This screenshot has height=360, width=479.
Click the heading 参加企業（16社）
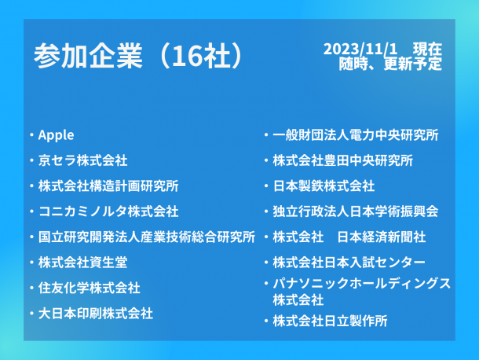[x=138, y=56]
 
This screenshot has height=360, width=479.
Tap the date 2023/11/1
[x=360, y=49]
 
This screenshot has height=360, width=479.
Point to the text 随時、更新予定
[x=390, y=64]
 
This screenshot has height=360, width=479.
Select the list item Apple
[x=57, y=135]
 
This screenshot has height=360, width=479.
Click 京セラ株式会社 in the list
[x=82, y=160]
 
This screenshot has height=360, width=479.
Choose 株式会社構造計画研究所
[x=108, y=186]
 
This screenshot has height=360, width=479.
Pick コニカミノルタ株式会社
[x=108, y=211]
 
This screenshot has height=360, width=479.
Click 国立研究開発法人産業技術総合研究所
[x=147, y=237]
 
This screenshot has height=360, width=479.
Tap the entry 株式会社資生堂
[x=82, y=263]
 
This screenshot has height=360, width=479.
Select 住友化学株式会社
[x=90, y=288]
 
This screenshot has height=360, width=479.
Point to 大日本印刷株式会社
[x=96, y=314]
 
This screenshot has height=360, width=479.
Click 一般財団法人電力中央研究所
[x=356, y=135]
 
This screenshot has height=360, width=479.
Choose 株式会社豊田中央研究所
[x=342, y=160]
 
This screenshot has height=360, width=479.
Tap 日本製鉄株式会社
[x=324, y=186]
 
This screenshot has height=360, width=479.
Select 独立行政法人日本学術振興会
[x=356, y=211]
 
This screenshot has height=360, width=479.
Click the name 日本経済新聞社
[x=382, y=237]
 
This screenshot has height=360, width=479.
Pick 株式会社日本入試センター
[x=349, y=263]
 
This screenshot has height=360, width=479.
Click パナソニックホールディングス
[x=362, y=284]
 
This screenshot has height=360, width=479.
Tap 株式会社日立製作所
[x=331, y=321]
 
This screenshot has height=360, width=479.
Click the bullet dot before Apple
[x=31, y=135]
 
